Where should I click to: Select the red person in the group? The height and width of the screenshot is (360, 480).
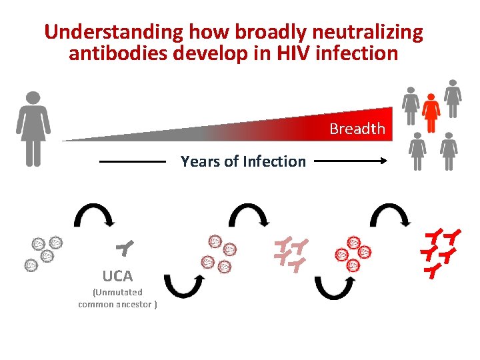pyautogui.click(x=431, y=113)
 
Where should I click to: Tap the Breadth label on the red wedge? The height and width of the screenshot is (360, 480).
pyautogui.click(x=357, y=129)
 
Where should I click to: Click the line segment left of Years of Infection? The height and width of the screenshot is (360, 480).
pyautogui.click(x=132, y=161)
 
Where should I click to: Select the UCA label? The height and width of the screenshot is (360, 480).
pyautogui.click(x=117, y=275)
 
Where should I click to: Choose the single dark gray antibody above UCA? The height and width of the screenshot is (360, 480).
pyautogui.click(x=125, y=249)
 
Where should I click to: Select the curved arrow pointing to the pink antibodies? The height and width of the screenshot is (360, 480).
pyautogui.click(x=248, y=215)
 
